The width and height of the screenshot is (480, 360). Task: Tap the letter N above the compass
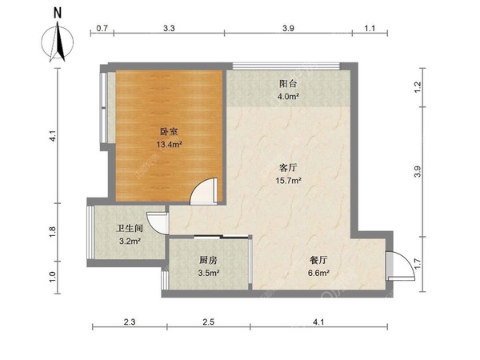point(58,13)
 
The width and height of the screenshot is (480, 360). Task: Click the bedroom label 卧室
point(169,132)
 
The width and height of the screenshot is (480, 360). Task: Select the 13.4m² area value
point(170,144)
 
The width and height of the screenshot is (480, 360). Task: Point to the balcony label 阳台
point(288,84)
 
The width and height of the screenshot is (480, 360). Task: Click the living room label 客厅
point(288,167)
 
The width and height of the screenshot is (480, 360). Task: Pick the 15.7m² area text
point(288,180)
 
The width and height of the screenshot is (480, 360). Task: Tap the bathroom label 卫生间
point(130,228)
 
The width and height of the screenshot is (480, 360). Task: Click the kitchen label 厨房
point(208,260)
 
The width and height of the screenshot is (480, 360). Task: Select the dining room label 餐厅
point(318,260)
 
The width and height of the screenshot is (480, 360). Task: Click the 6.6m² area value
point(318,273)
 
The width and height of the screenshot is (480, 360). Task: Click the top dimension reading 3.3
point(169,29)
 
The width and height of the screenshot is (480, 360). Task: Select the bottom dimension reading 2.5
point(208,322)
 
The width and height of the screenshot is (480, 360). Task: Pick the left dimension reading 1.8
point(52,231)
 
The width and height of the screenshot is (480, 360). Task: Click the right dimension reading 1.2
point(418,87)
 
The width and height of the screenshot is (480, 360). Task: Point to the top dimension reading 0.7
point(102,29)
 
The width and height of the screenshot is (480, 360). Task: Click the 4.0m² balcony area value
point(288,97)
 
